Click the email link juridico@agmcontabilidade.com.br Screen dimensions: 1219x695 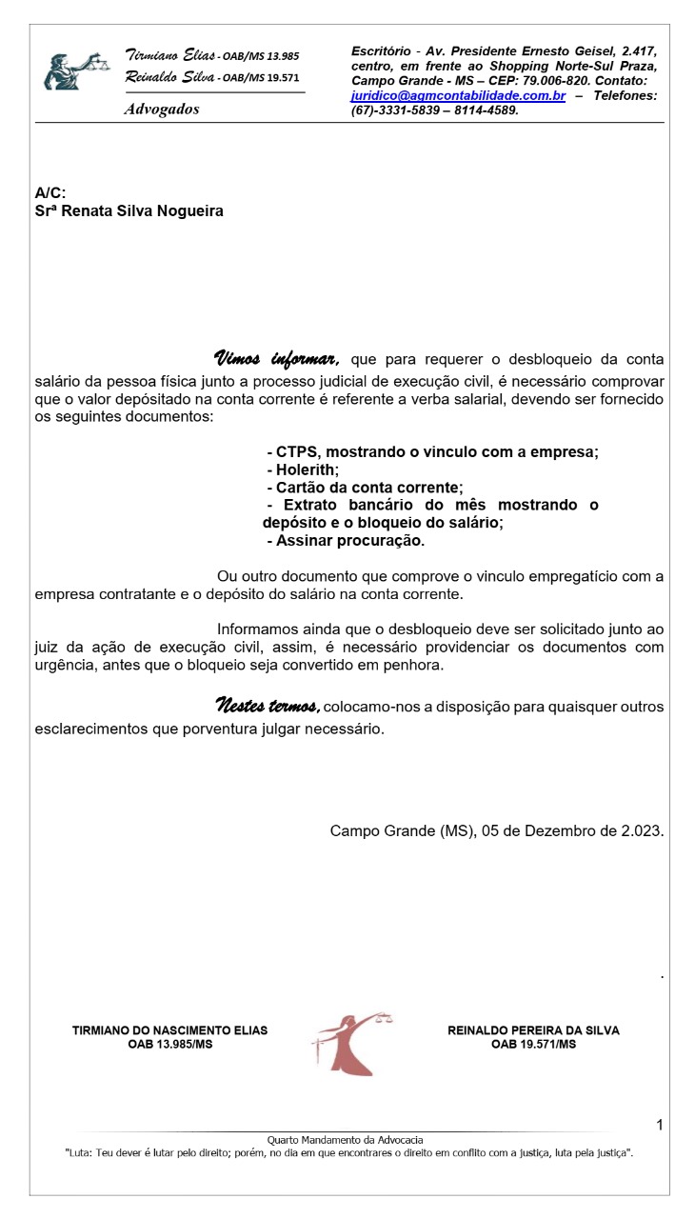pos(458,96)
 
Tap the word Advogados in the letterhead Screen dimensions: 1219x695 pos(162,110)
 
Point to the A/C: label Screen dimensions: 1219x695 pos(50,193)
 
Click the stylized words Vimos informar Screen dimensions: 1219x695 pos(277,359)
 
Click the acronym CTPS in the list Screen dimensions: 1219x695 pos(297,451)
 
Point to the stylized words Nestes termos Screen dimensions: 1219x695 pos(268,706)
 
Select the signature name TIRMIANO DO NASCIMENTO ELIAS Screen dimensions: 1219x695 pos(170,1030)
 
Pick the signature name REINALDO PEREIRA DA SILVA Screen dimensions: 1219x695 pos(533,1030)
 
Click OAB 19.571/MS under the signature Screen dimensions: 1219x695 pos(533,1045)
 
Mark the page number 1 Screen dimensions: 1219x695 pos(659,1126)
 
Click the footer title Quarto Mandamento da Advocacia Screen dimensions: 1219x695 pos(345,1140)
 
